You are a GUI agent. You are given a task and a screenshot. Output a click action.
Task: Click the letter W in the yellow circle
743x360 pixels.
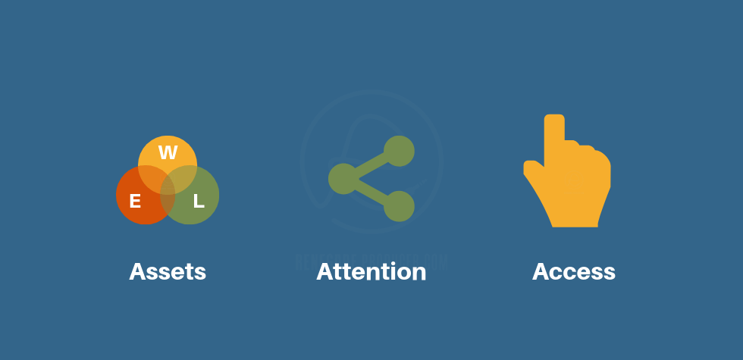pyautogui.click(x=168, y=153)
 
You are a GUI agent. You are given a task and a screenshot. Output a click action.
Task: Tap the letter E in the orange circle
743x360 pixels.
pyautogui.click(x=135, y=201)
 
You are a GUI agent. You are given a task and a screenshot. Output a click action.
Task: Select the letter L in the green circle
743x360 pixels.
pyautogui.click(x=199, y=201)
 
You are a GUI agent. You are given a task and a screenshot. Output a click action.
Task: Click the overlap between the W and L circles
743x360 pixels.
pyautogui.click(x=185, y=177)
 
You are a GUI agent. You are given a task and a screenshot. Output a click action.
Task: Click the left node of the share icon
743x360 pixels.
pyautogui.click(x=343, y=179)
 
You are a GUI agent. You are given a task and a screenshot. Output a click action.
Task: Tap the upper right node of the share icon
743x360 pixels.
pyautogui.click(x=399, y=151)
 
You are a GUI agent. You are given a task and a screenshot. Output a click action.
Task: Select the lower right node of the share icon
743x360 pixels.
pyautogui.click(x=399, y=206)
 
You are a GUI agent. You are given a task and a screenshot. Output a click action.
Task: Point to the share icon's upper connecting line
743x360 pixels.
pyautogui.click(x=371, y=164)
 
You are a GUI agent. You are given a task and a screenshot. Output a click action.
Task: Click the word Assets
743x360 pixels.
pyautogui.click(x=168, y=271)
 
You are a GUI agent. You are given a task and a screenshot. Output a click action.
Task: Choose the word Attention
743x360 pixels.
pyautogui.click(x=371, y=271)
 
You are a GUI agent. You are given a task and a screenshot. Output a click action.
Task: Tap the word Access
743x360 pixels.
pyautogui.click(x=574, y=271)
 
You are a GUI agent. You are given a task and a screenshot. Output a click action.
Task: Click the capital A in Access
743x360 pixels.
pyautogui.click(x=541, y=271)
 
